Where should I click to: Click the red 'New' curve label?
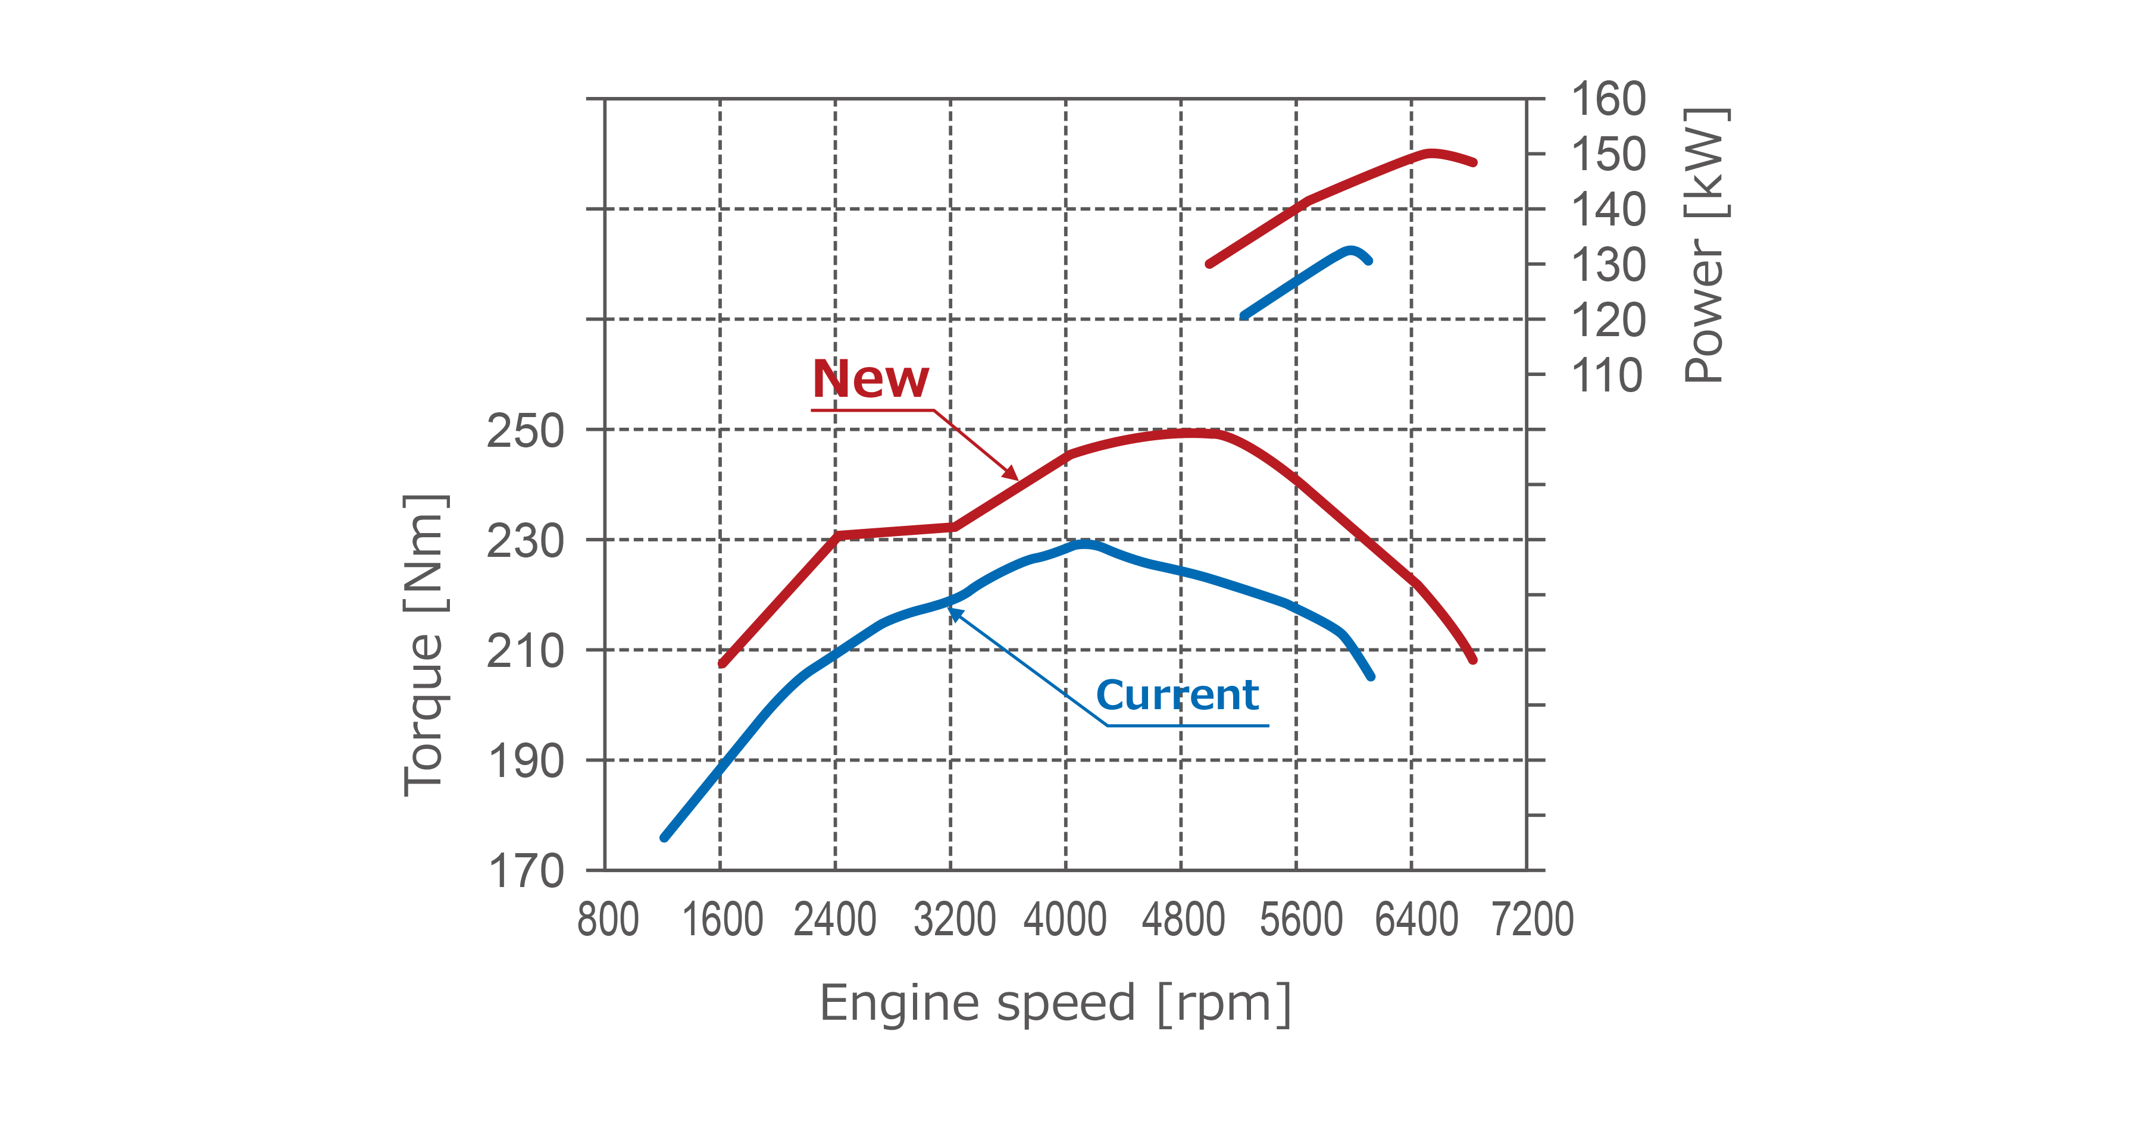[870, 380]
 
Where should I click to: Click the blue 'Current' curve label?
[1177, 695]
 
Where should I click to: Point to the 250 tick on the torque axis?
[525, 431]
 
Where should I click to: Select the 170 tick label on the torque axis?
[525, 872]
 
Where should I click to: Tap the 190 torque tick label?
[525, 761]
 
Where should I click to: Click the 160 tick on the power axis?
[1608, 99]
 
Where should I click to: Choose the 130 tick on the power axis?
[1608, 265]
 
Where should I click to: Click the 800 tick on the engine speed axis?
[608, 920]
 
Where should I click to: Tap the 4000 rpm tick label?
[1065, 920]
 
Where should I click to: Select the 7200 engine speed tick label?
[1532, 920]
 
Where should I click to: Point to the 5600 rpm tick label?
[1300, 920]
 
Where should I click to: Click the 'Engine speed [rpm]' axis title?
[1055, 1004]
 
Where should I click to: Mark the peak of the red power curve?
[1430, 153]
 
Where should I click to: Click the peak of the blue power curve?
[1351, 250]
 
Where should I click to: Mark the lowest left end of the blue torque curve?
[664, 836]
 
